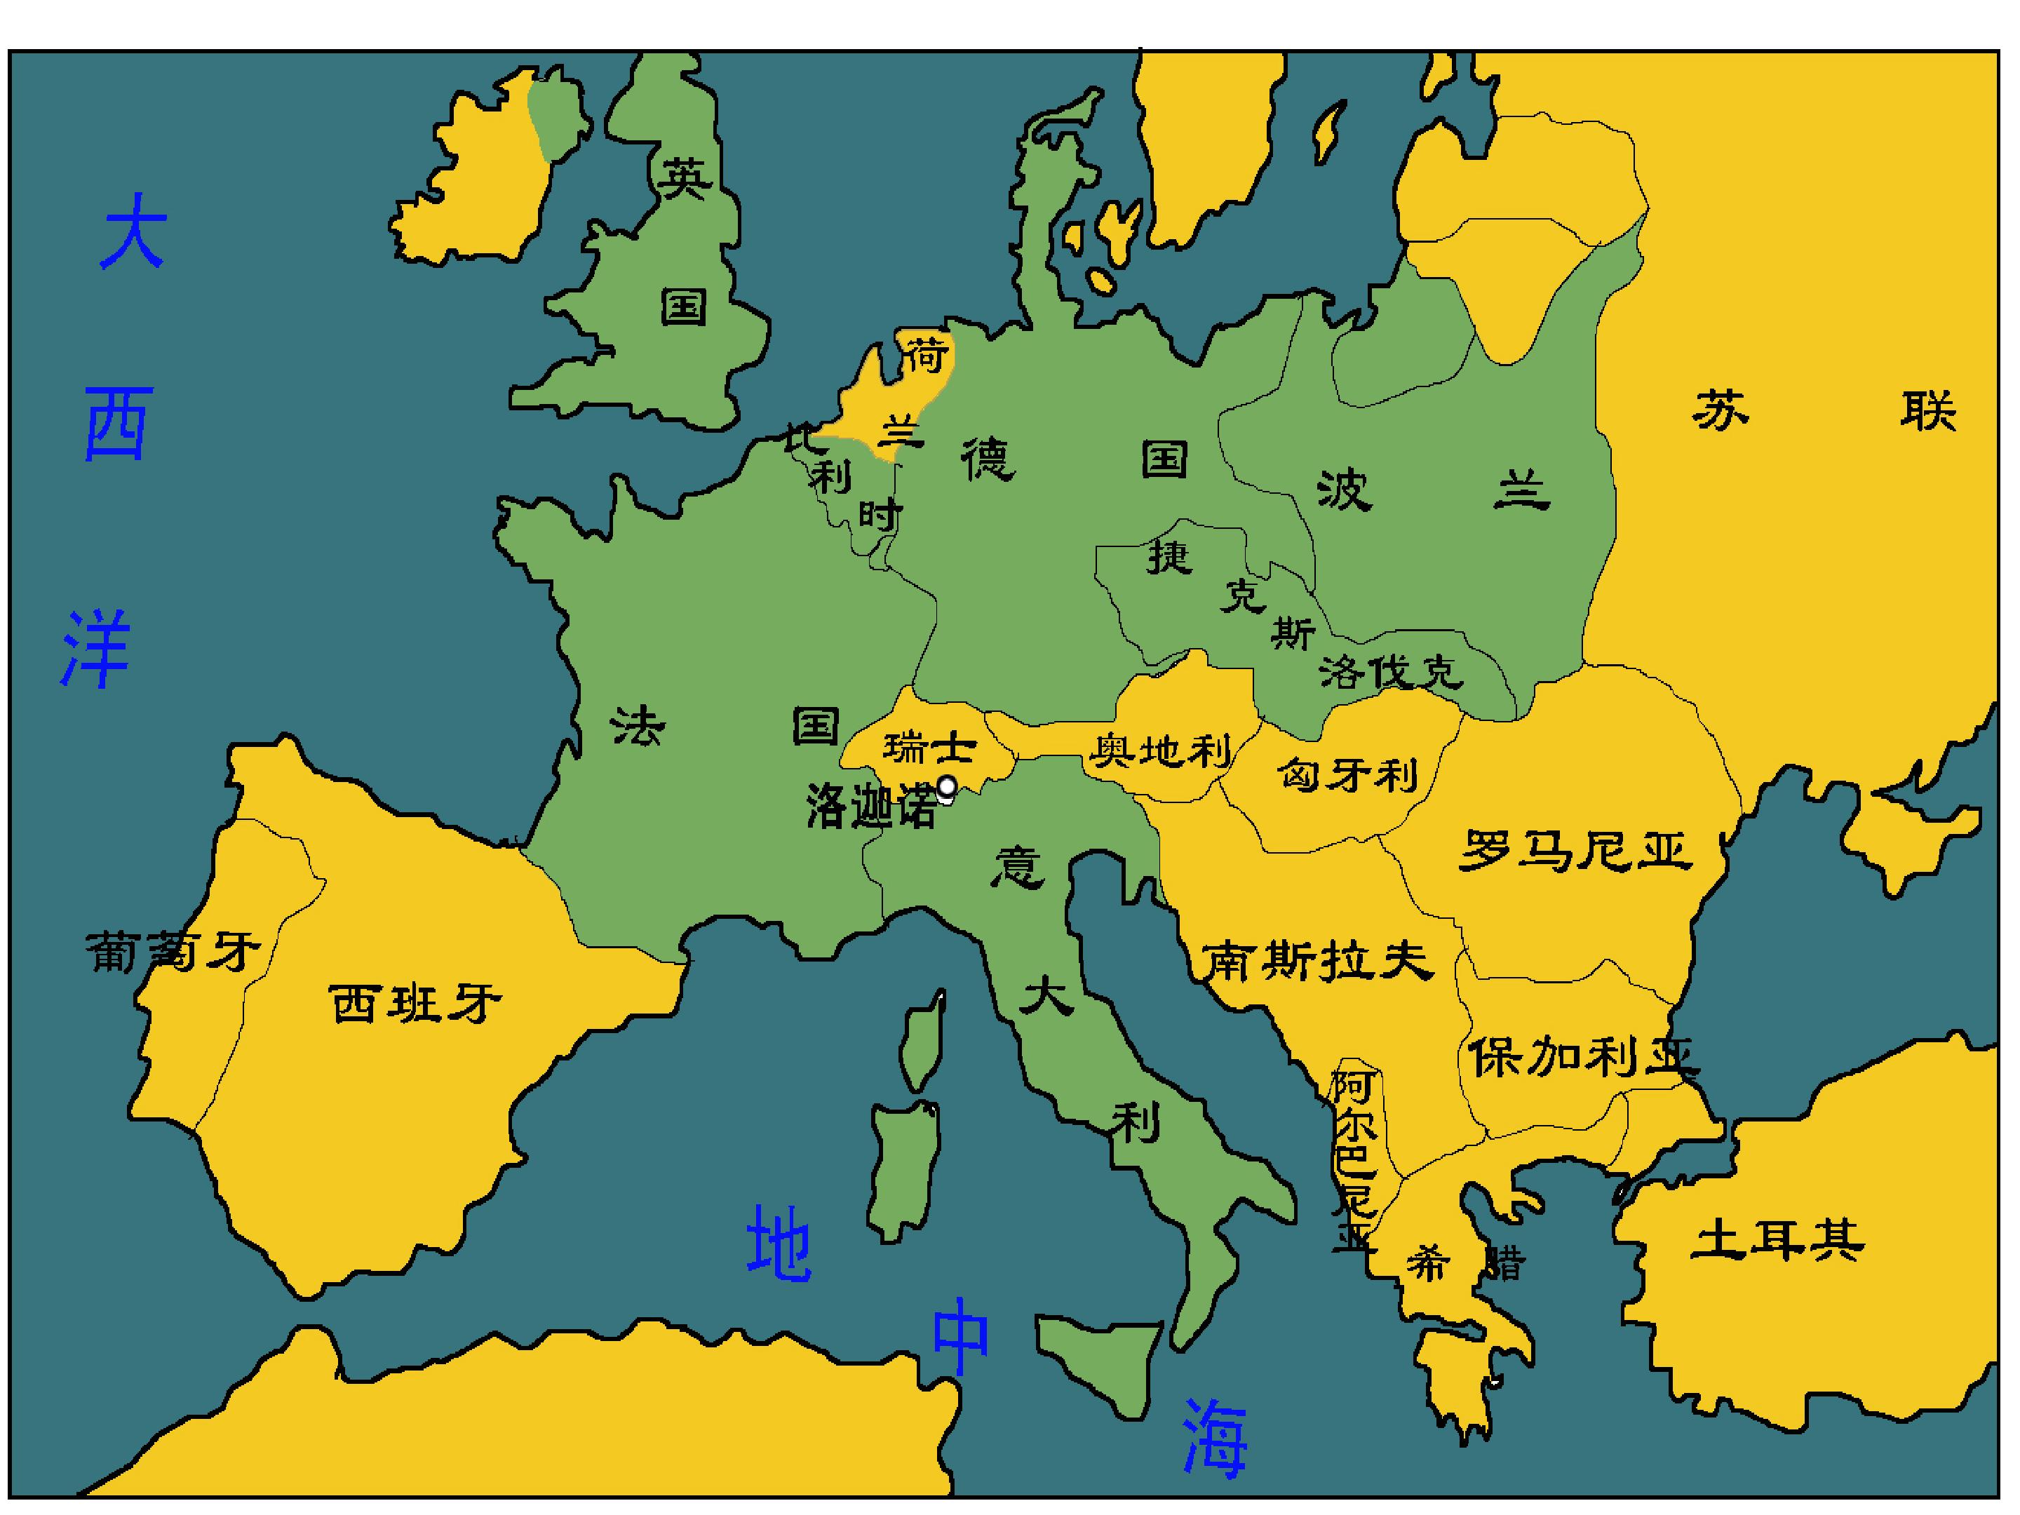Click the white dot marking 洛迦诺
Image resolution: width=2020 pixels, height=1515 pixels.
click(947, 786)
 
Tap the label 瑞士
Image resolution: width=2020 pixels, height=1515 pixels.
click(929, 748)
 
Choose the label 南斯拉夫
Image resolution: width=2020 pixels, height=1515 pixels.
click(1316, 961)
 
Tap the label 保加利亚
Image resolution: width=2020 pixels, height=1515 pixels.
click(1584, 1058)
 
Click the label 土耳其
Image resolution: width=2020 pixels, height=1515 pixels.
click(1776, 1240)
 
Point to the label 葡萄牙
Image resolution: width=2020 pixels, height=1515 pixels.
click(173, 952)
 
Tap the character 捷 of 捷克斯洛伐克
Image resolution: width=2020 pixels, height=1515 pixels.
click(1170, 557)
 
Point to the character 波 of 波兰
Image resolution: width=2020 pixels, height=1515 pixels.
click(1345, 490)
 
